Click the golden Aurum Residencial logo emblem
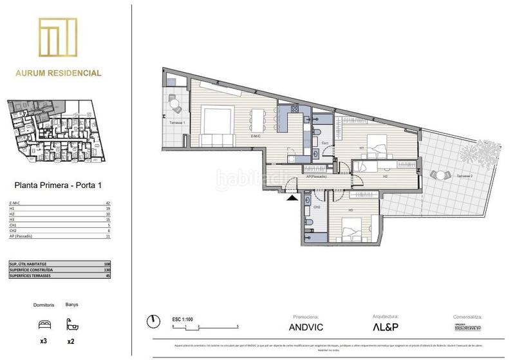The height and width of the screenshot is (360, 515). [58, 39]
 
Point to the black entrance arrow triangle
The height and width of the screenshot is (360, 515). [293, 199]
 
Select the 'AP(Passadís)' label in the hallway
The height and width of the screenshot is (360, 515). [317, 176]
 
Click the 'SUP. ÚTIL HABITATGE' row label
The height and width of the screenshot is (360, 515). [28, 263]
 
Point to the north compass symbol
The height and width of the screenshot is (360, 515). [153, 321]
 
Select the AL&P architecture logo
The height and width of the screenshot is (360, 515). [386, 327]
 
